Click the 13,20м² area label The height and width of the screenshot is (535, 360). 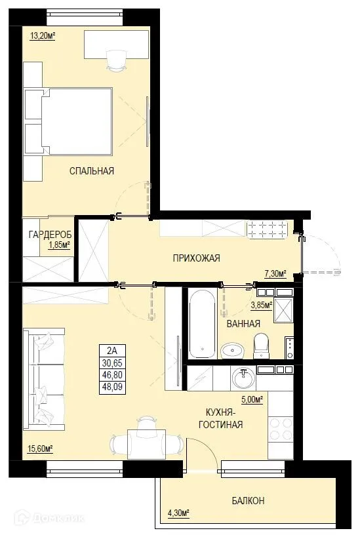(x=42, y=36)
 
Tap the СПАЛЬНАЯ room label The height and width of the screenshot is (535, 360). (x=92, y=171)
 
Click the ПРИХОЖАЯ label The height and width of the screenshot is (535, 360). (x=196, y=258)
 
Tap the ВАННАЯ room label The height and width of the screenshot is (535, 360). (x=243, y=323)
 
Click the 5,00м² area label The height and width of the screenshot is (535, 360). (x=252, y=399)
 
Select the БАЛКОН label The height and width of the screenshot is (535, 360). (x=248, y=501)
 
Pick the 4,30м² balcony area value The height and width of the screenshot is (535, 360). (x=177, y=513)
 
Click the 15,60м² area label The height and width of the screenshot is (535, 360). (x=40, y=448)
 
